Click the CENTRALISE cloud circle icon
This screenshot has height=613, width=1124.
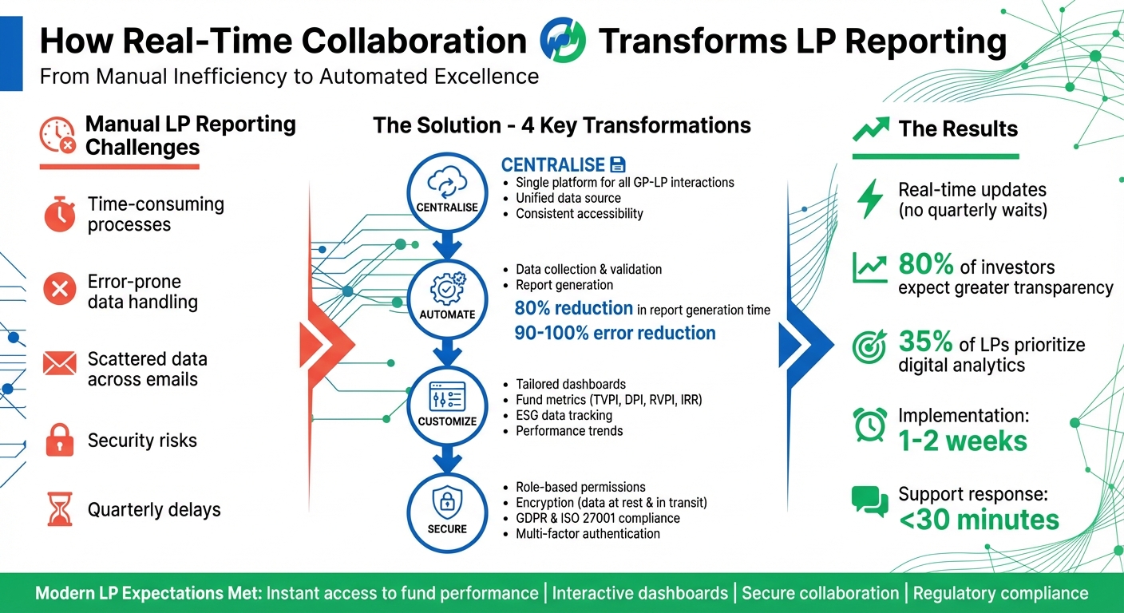point(447,191)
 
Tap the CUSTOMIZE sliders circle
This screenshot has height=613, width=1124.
point(447,404)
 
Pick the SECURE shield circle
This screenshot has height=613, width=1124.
point(447,511)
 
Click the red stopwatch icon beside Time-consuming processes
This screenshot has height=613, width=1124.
point(60,215)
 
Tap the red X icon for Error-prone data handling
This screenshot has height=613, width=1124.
point(59,291)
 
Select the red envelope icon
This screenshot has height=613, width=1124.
point(59,365)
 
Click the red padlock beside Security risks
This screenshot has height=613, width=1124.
point(60,440)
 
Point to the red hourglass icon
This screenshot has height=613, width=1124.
point(60,509)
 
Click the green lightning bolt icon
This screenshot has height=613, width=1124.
point(869,200)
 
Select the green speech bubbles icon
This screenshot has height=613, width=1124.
point(869,500)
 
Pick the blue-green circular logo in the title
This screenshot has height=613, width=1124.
point(563,42)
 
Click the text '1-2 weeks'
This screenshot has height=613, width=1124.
point(964,441)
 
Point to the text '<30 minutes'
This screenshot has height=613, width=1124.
point(979,520)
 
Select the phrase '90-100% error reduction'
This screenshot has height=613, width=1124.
point(615,333)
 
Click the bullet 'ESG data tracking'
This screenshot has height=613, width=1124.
point(564,415)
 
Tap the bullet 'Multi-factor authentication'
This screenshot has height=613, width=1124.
point(588,533)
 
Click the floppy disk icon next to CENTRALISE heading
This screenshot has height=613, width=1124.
point(618,165)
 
